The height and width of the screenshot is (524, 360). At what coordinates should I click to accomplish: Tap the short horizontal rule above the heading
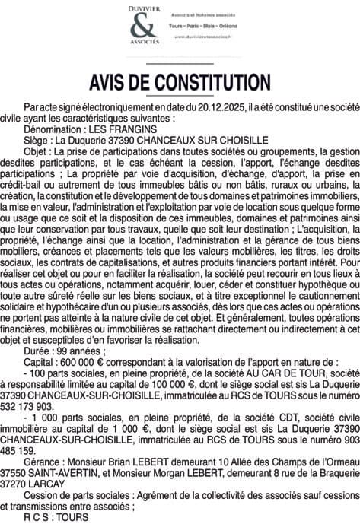[x=180, y=62]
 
